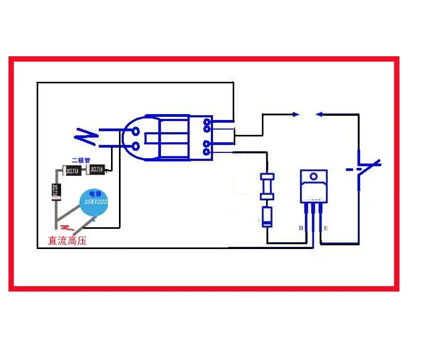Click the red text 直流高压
tap(67, 241)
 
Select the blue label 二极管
tap(81, 160)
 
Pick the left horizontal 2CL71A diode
tap(73, 170)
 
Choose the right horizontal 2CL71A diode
tap(96, 170)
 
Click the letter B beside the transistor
tap(300, 228)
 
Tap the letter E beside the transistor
tap(326, 228)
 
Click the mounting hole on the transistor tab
tap(313, 176)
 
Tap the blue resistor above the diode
tap(267, 186)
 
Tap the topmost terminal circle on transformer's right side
tap(206, 122)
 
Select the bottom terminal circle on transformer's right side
tap(206, 152)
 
